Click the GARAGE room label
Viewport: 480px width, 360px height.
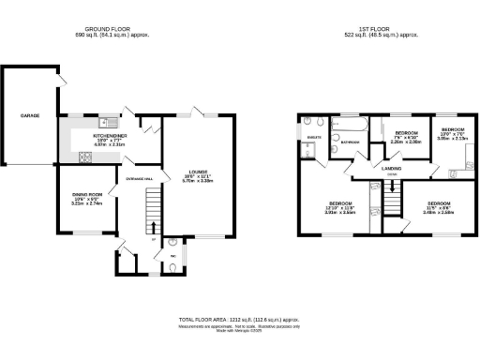(x=30, y=115)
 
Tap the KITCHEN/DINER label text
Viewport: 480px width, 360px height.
(x=110, y=136)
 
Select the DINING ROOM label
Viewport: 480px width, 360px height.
(x=87, y=194)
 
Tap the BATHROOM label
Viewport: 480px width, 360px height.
(x=351, y=142)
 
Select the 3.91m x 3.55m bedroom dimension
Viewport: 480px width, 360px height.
(x=340, y=213)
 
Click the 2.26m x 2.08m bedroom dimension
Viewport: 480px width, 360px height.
(x=405, y=142)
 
